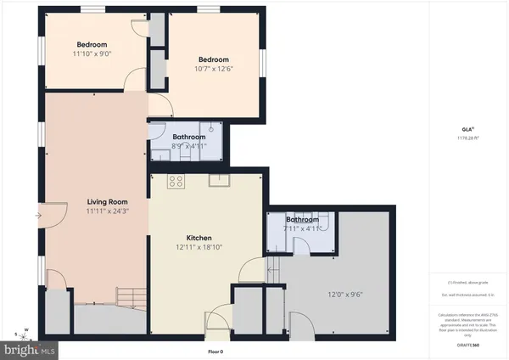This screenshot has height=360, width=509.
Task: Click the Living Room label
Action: tap(107, 202)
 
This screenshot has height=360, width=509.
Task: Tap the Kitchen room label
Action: tap(199, 238)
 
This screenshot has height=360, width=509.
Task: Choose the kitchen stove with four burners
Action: tap(176, 181)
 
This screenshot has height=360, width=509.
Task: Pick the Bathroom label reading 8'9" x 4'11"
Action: tap(188, 137)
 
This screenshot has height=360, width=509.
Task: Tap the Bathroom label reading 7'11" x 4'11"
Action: tap(303, 219)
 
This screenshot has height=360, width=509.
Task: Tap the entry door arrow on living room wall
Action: tap(39, 216)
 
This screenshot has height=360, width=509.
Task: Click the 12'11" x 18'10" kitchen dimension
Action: tap(199, 247)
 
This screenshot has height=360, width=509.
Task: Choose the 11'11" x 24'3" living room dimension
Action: tap(107, 211)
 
